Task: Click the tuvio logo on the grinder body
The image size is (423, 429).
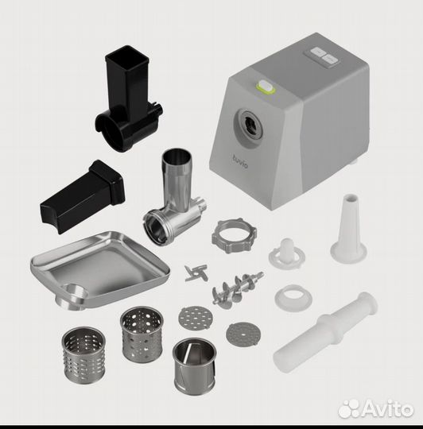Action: tap(240, 161)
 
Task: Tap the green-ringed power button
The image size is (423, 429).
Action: tap(266, 87)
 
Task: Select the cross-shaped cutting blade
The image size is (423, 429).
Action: tap(196, 273)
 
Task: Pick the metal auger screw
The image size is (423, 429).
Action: tap(237, 289)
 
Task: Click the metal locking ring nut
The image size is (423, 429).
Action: tap(234, 235)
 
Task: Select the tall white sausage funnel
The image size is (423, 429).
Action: tap(348, 228)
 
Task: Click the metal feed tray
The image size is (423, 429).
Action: tap(99, 269)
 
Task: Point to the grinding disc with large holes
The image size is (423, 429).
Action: tap(196, 318)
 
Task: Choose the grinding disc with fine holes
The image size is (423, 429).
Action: tap(243, 334)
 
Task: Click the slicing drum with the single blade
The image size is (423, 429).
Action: tap(194, 364)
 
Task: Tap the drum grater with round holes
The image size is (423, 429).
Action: tap(142, 334)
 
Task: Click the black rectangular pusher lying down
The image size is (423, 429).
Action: tap(83, 196)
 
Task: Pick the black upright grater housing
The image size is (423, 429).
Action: tap(129, 99)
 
